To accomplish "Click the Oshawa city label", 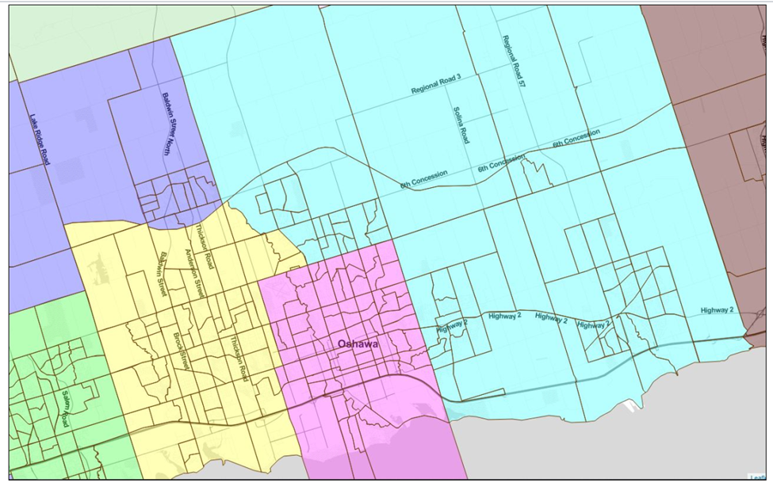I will click(x=358, y=344).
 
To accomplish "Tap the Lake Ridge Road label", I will click(x=38, y=139).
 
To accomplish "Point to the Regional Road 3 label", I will click(x=436, y=86).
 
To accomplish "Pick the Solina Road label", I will click(x=461, y=125).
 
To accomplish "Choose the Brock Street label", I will click(x=182, y=351).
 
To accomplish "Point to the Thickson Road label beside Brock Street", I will click(x=238, y=359).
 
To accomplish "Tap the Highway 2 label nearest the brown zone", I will click(x=717, y=310).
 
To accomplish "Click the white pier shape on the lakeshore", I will click(x=630, y=406).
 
